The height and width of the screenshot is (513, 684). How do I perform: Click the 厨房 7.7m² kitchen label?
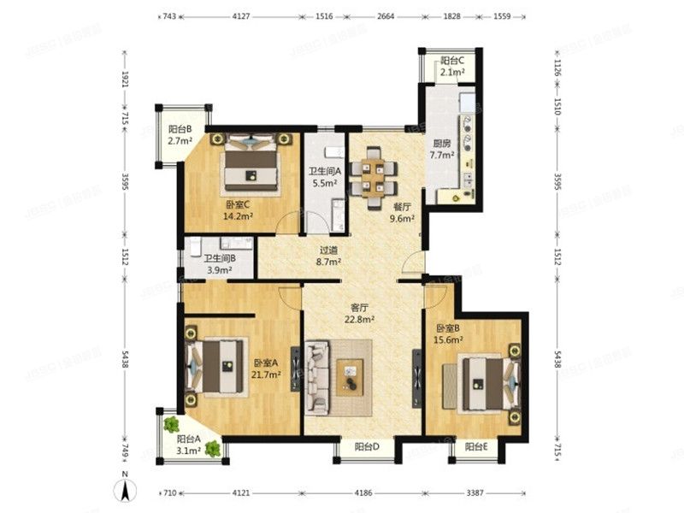pyautogui.click(x=441, y=150)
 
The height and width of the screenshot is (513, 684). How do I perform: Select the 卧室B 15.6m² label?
pyautogui.click(x=449, y=333)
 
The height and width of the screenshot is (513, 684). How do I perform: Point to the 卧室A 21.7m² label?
pyautogui.click(x=268, y=370)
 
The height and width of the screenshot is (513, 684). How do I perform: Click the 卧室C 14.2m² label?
pyautogui.click(x=239, y=210)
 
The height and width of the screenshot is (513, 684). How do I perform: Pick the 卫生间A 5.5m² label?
pyautogui.click(x=323, y=176)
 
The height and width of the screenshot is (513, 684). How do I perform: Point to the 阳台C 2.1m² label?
pyautogui.click(x=452, y=67)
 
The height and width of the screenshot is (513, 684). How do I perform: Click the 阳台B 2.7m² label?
pyautogui.click(x=180, y=135)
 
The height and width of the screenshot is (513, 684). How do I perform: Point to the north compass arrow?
pyautogui.click(x=126, y=491)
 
